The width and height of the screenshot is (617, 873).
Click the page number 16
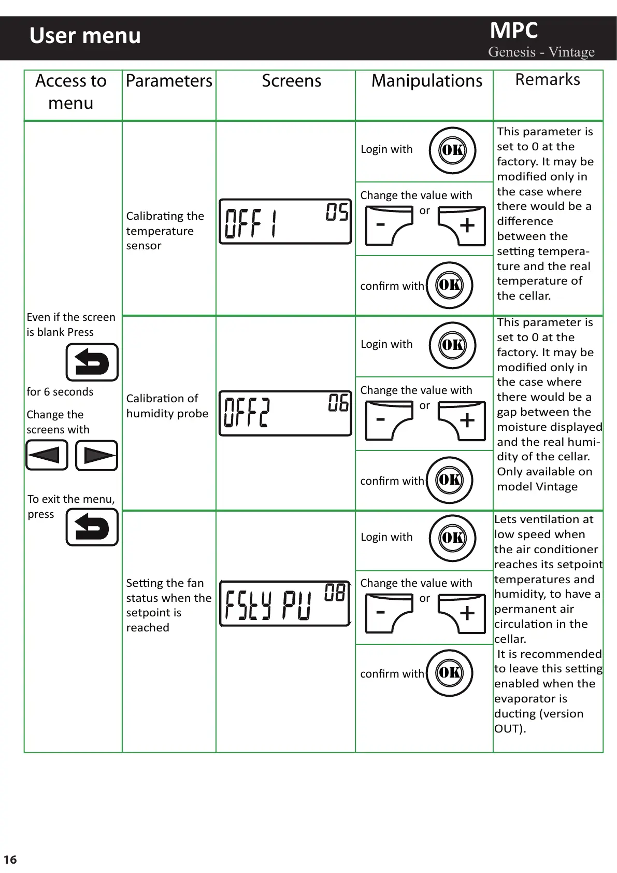click(10, 860)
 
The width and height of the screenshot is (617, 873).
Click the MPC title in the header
click(514, 31)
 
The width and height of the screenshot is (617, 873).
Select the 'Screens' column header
click(291, 81)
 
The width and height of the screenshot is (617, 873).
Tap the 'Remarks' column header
click(548, 80)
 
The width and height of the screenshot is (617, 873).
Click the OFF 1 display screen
click(285, 221)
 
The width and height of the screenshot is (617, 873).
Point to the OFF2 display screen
click(285, 413)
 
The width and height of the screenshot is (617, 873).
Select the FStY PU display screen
click(285, 603)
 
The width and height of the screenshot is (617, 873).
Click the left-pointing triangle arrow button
click(47, 455)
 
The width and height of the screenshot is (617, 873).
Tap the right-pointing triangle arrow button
click(97, 455)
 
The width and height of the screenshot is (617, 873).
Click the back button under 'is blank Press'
click(92, 362)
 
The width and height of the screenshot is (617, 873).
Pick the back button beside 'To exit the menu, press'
click(92, 527)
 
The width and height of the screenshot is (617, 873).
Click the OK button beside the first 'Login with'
click(452, 150)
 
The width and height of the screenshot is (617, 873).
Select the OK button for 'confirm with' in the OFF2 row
click(449, 480)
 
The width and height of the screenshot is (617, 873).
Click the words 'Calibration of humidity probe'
click(167, 406)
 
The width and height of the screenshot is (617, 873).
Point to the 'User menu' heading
click(85, 36)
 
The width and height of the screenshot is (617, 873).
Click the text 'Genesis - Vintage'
click(541, 52)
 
